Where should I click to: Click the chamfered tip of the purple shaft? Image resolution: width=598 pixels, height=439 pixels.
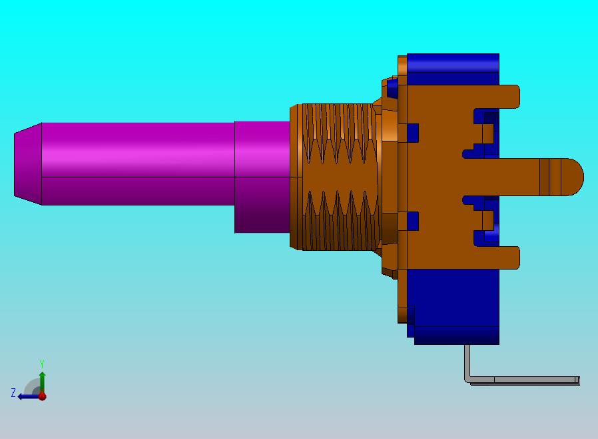tap(28, 164)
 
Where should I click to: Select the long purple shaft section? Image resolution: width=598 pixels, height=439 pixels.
tap(138, 164)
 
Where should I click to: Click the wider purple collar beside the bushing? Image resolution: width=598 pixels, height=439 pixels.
tap(262, 177)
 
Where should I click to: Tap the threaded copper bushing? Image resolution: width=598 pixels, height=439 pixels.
tap(336, 177)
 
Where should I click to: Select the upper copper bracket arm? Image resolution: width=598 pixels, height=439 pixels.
tap(496, 97)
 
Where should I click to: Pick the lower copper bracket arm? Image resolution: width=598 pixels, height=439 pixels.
tap(496, 258)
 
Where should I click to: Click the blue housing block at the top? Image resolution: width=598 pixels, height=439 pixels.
tap(453, 69)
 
